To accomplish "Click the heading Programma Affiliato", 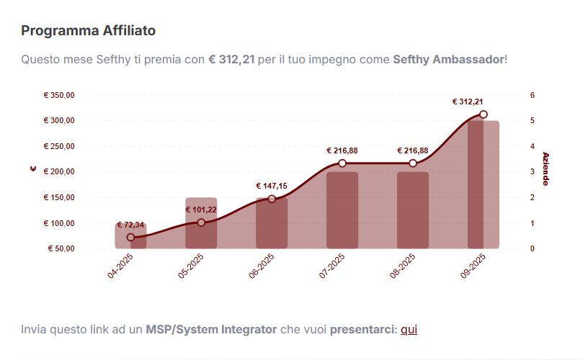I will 88,31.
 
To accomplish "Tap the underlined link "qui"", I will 409,330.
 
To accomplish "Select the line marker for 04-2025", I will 130,238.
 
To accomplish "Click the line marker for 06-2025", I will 272,199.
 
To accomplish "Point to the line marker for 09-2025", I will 484,114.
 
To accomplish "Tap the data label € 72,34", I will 130,225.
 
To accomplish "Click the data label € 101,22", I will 201,210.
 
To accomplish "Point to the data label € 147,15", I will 272,186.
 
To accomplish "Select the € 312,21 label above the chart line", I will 468,102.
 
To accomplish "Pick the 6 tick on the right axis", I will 532,95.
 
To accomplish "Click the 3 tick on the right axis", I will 532,172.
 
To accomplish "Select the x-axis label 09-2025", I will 471,270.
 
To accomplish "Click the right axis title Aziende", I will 545,168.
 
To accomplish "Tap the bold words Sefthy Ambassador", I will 449,59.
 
